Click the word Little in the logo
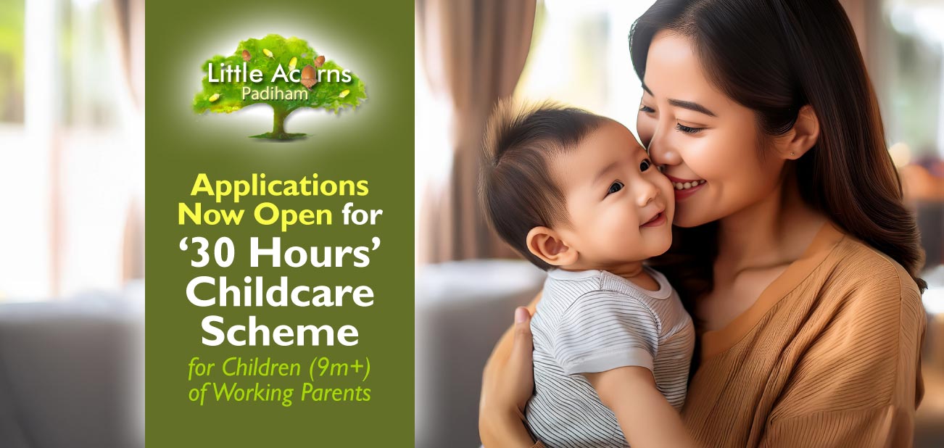point(229,74)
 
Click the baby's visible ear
point(545,246)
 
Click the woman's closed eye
point(687,126)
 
